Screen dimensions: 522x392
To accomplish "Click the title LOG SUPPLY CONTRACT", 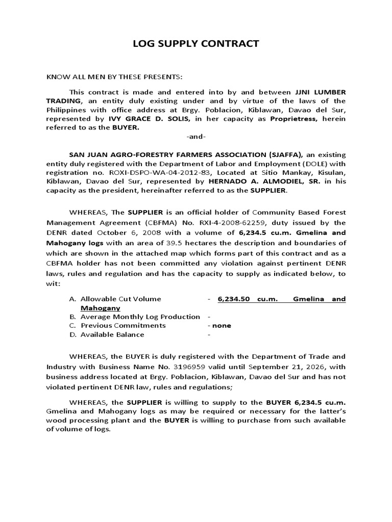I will (x=195, y=44).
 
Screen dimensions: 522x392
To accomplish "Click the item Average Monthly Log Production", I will (x=140, y=317).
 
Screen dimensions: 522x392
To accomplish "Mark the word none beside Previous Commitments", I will (x=222, y=325).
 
